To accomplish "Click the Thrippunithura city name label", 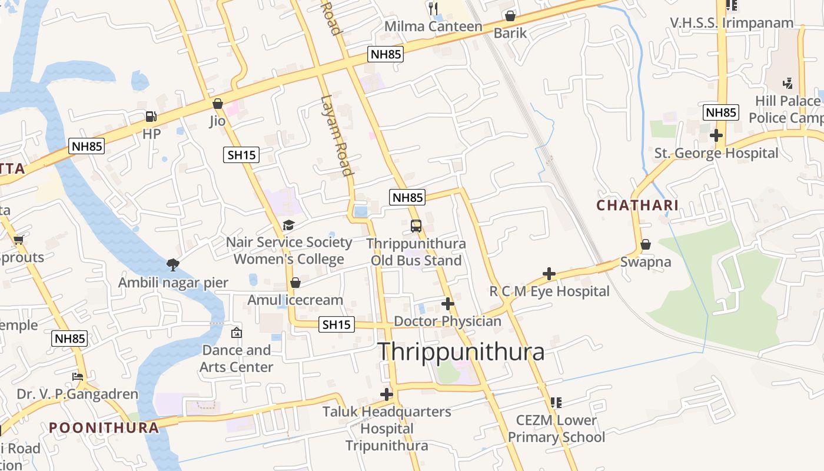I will [460, 352].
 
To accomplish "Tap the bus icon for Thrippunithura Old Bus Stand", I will [416, 225].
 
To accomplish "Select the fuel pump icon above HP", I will [151, 117].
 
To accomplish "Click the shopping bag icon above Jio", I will [218, 104].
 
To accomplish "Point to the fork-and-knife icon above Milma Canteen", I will [433, 8].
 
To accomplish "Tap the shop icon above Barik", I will [510, 16].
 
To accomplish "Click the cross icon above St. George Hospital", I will [716, 135].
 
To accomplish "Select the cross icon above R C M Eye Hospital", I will [549, 274].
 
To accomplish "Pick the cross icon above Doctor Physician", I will [448, 304].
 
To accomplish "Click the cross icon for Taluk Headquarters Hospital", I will [387, 394].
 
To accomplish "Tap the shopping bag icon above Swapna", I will [646, 244].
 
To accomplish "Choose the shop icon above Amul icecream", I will [295, 283].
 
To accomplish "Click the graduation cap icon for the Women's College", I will [288, 225].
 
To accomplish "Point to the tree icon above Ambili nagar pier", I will [173, 265].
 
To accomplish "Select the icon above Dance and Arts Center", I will [236, 333].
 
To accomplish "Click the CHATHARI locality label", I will [637, 205].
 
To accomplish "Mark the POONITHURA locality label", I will [104, 427].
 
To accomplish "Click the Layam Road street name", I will [337, 135].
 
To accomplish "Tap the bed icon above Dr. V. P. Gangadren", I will [77, 376].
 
